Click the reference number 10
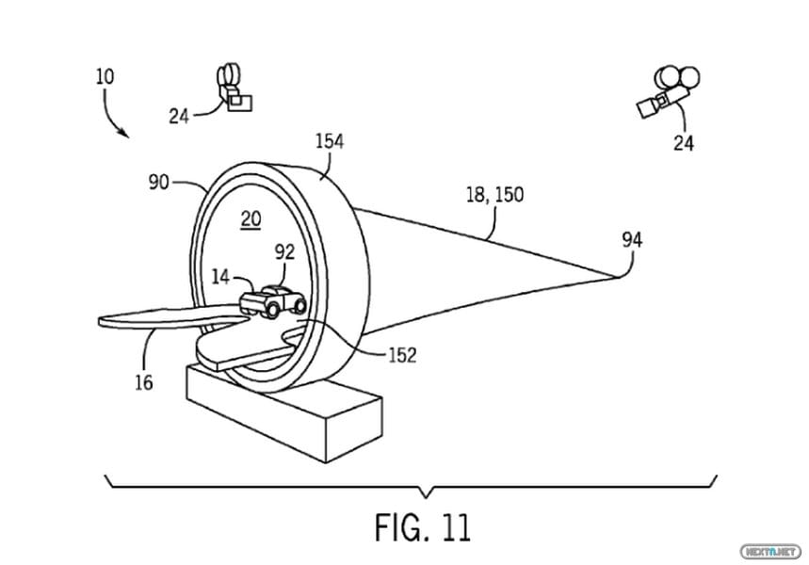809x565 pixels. point(105,77)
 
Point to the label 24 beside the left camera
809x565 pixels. point(179,117)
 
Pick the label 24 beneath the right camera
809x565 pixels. point(683,142)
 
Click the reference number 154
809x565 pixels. point(330,141)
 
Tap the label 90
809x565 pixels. point(159,182)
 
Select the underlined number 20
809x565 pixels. point(251,219)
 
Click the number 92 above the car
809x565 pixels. point(284,251)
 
